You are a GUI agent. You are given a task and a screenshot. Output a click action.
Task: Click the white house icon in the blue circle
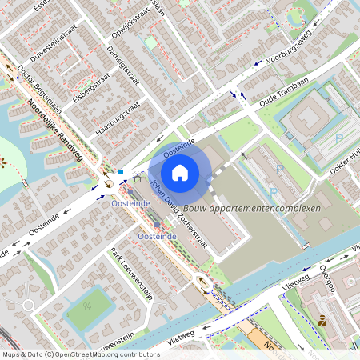click(180, 171)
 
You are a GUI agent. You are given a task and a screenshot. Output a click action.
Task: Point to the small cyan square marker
click(120, 171)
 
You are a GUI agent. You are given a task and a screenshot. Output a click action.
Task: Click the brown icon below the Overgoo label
click(322, 322)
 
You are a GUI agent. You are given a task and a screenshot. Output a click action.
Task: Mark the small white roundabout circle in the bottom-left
click(30, 306)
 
